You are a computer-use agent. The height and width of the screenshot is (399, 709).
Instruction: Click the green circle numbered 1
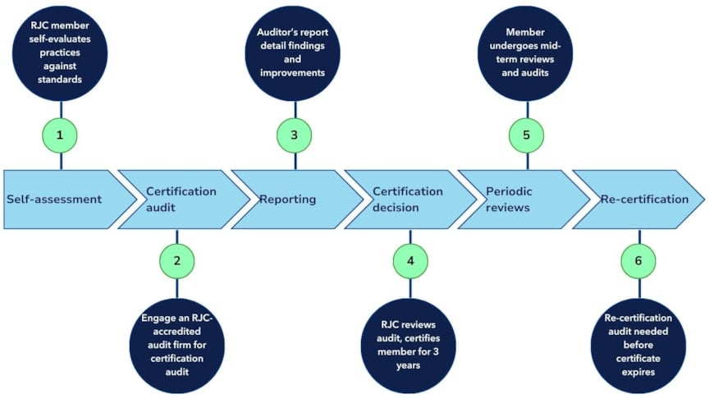[x=60, y=135]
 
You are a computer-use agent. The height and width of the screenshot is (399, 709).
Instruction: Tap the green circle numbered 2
[x=176, y=261]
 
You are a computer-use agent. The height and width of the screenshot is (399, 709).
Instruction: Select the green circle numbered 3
[x=294, y=135]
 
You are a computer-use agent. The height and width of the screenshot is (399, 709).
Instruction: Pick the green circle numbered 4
[x=410, y=261]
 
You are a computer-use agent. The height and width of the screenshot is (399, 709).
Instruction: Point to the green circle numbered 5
[x=526, y=135]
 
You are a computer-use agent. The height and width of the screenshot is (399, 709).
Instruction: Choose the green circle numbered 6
[x=638, y=261]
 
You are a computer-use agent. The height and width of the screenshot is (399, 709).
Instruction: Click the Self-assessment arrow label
[x=54, y=199]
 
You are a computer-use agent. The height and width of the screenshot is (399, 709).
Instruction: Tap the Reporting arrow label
[x=287, y=199]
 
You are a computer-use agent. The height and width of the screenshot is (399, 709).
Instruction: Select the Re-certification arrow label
[x=644, y=199]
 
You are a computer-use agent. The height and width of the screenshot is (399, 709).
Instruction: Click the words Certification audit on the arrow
[x=181, y=199]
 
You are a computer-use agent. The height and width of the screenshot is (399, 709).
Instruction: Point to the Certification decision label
[x=407, y=199]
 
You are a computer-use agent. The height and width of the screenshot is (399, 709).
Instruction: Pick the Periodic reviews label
[x=509, y=199]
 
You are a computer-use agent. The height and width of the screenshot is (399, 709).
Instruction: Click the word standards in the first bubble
[x=60, y=80]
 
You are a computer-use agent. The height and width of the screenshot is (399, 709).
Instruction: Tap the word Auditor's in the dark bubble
[x=274, y=32]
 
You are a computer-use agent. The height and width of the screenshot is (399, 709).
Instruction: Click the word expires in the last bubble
[x=638, y=372]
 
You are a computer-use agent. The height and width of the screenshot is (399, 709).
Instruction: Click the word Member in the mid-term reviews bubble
[x=525, y=32]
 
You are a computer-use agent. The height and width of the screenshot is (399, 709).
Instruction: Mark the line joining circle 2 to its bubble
[x=176, y=289]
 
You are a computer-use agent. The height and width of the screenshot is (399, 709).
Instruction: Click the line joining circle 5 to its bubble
[x=527, y=109]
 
